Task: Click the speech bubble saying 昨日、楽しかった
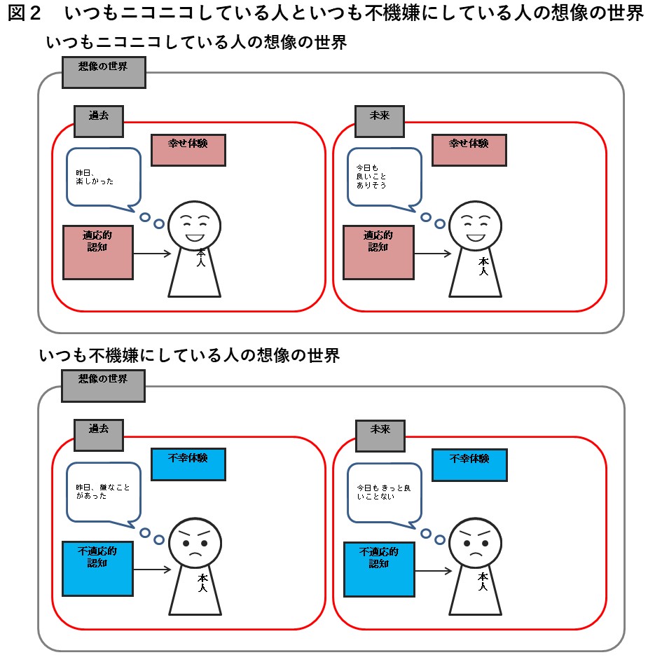[103, 177]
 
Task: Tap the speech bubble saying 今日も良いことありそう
[384, 177]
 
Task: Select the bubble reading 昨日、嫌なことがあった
[103, 491]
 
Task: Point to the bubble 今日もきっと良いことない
[384, 491]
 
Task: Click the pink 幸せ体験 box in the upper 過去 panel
[188, 149]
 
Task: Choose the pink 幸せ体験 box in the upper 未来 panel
[469, 149]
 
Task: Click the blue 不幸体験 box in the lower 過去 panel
[188, 463]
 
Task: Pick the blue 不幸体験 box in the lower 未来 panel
[469, 463]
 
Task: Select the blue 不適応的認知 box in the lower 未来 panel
[379, 567]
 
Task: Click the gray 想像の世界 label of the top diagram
[103, 72]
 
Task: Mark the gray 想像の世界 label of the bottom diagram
[103, 385]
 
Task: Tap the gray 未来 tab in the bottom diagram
[379, 435]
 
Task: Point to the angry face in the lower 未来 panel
[475, 541]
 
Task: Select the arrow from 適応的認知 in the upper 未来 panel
[432, 254]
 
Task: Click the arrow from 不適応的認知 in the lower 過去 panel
[152, 569]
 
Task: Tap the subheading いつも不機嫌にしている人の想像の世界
[190, 355]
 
